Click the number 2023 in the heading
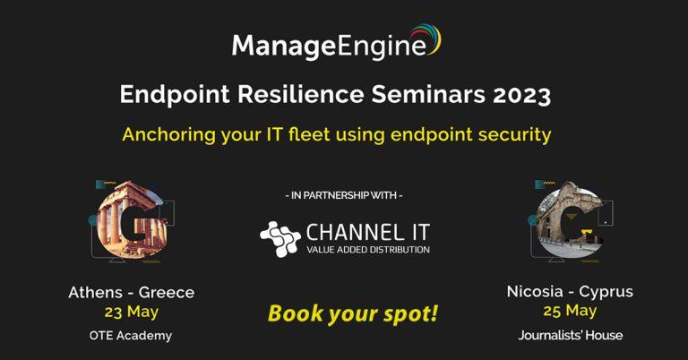point(521,94)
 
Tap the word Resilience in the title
point(301,94)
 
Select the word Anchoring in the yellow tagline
point(169,135)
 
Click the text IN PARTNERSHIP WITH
point(344,195)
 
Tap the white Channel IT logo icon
point(279,238)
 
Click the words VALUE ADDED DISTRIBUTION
point(368,250)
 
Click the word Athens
point(96,293)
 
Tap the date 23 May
point(131,313)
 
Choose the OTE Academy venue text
point(131,336)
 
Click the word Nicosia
point(535,292)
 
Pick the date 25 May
point(570,312)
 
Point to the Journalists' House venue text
point(571,336)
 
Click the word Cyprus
point(606,292)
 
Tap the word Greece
point(167,293)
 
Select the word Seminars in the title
point(428,94)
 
